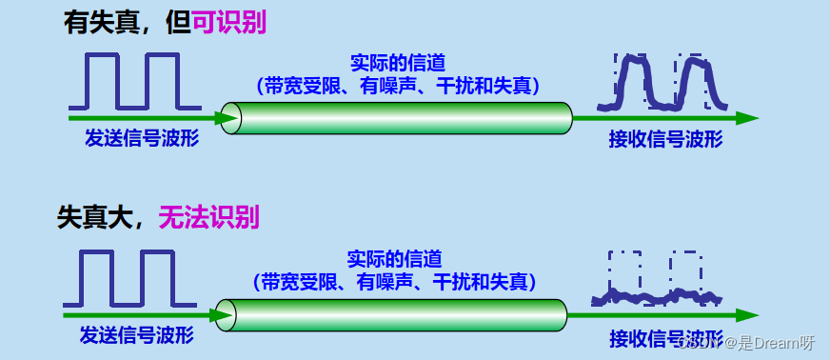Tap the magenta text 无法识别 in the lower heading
pos(207,217)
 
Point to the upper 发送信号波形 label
pos(142,139)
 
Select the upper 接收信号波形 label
pos(665,140)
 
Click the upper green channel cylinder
pos(400,117)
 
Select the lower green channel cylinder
pos(390,314)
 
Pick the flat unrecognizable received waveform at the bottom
pos(657,299)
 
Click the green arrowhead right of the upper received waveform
pos(747,118)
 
